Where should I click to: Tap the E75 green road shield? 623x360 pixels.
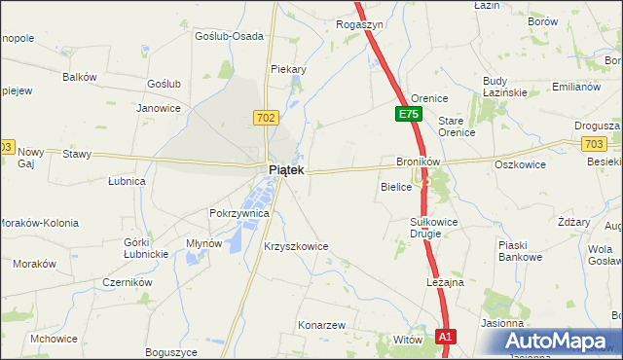pyautogui.click(x=408, y=115)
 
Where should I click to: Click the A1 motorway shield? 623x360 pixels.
pyautogui.click(x=445, y=338)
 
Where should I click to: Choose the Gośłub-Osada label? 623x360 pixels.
pyautogui.click(x=229, y=36)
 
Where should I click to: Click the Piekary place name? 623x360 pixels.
pyautogui.click(x=288, y=69)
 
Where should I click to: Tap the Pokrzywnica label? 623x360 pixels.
pyautogui.click(x=238, y=212)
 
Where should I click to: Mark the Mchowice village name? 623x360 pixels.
pyautogui.click(x=54, y=339)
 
